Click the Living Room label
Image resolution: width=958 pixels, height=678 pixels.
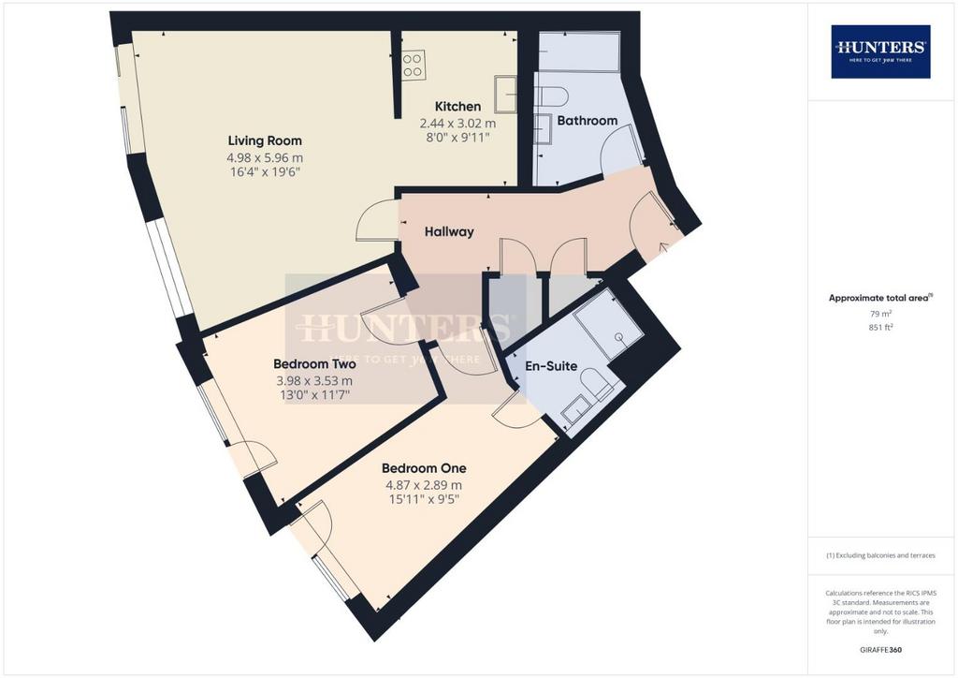coord(265,140)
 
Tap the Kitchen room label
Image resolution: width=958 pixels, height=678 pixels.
coord(457,107)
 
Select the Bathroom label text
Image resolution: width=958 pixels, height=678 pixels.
coord(588,121)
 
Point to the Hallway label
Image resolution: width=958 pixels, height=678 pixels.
coord(449,231)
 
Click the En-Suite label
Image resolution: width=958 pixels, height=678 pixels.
coord(551,366)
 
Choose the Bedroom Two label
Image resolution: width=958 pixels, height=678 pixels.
coord(314,364)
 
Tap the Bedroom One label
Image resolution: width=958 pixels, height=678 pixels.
coord(424,468)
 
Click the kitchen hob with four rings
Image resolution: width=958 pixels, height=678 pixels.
coord(413,66)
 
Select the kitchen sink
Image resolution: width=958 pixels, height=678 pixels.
coord(505,95)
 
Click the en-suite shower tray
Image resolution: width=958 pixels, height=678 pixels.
coord(608,325)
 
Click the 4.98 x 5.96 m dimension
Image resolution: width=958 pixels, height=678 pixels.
coord(265,157)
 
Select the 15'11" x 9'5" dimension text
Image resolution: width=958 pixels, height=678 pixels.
coord(424,499)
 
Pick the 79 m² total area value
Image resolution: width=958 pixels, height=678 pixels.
coord(881,314)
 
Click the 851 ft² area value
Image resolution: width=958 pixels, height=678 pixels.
coord(881,327)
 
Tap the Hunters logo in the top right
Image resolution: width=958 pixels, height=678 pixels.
coord(880,52)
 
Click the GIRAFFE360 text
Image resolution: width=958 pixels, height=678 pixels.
coord(880,650)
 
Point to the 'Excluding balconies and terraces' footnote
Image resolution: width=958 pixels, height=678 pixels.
coord(880,555)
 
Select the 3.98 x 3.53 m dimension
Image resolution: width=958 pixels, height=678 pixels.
coord(314,381)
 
